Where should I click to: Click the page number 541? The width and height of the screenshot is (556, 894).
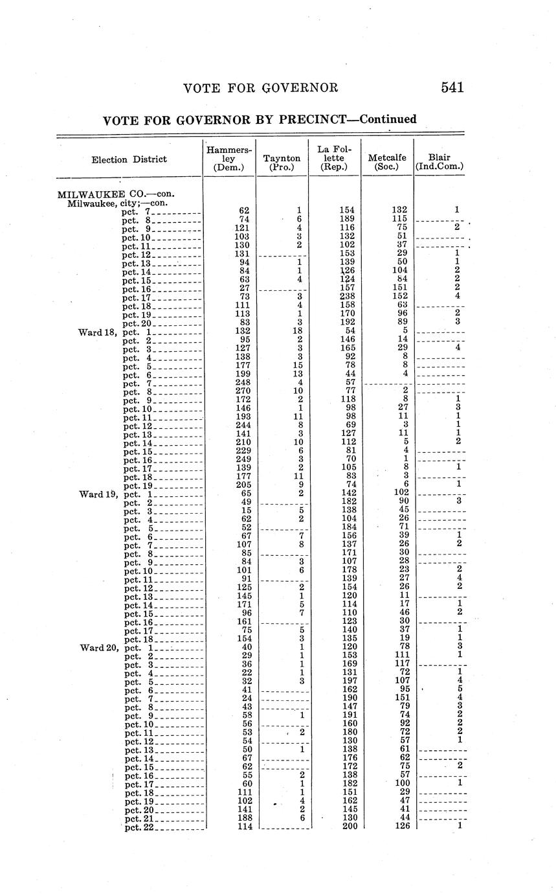point(452,87)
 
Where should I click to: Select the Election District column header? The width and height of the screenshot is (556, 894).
point(129,159)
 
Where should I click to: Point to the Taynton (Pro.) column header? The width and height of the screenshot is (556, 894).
point(282,162)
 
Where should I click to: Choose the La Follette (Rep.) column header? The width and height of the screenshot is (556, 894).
point(333,158)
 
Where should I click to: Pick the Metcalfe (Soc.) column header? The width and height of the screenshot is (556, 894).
point(387,162)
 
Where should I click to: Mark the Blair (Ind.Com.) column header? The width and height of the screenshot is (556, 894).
point(439,162)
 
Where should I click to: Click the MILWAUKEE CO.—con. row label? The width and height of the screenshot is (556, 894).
point(117,194)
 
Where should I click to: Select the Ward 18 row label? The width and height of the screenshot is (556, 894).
point(98,332)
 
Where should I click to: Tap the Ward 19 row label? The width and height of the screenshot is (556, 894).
point(98,494)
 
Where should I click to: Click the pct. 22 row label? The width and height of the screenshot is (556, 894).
point(139,827)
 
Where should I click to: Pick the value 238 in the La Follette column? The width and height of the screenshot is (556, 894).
point(349,297)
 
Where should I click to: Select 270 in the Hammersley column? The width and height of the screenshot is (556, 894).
point(241,391)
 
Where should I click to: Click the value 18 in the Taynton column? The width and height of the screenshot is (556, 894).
point(299,332)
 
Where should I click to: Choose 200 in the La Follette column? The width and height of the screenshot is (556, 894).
point(349,827)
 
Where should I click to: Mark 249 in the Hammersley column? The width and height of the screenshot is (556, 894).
point(241,459)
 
